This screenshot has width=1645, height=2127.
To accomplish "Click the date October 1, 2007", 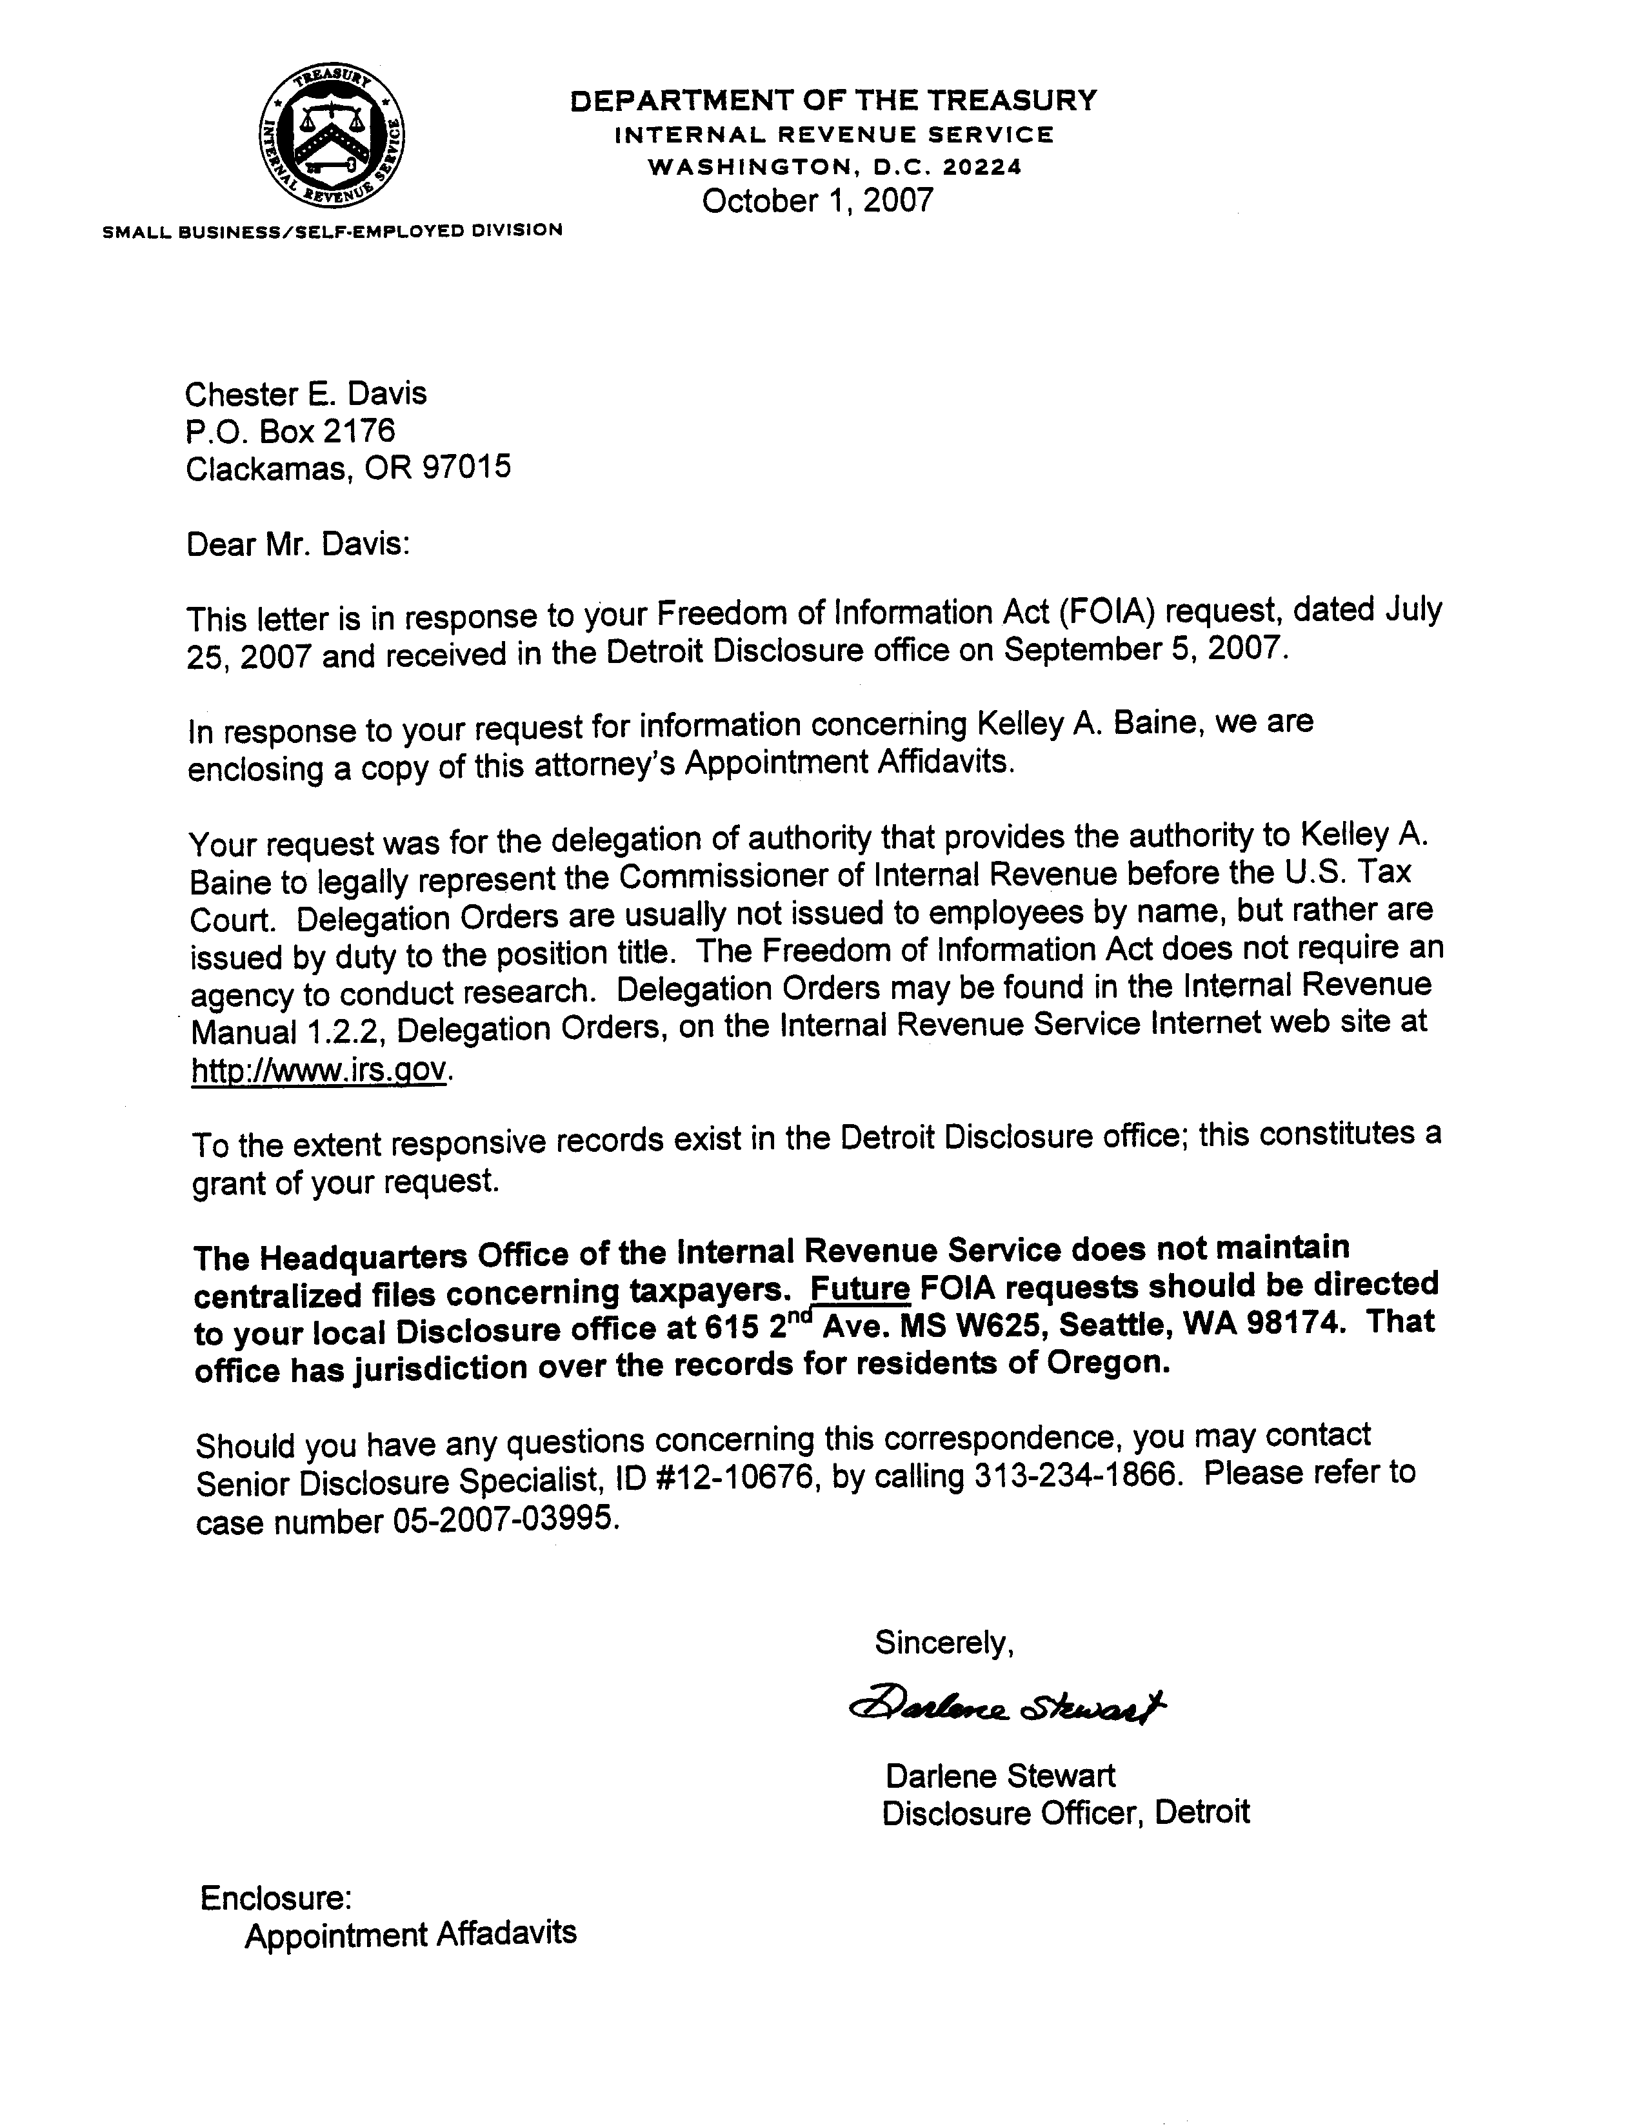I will [x=817, y=201].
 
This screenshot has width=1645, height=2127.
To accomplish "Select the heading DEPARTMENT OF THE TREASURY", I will [x=833, y=101].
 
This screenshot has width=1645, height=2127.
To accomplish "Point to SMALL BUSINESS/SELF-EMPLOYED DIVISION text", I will [x=332, y=231].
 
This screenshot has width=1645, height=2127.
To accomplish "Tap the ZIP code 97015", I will [x=466, y=468].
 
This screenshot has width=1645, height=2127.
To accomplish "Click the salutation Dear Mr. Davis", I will [x=298, y=544].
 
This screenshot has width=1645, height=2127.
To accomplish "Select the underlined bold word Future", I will [x=860, y=1289].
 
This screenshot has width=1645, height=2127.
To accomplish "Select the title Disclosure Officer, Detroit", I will [x=1066, y=1812].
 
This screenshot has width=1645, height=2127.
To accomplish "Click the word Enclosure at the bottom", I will [x=275, y=1897].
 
